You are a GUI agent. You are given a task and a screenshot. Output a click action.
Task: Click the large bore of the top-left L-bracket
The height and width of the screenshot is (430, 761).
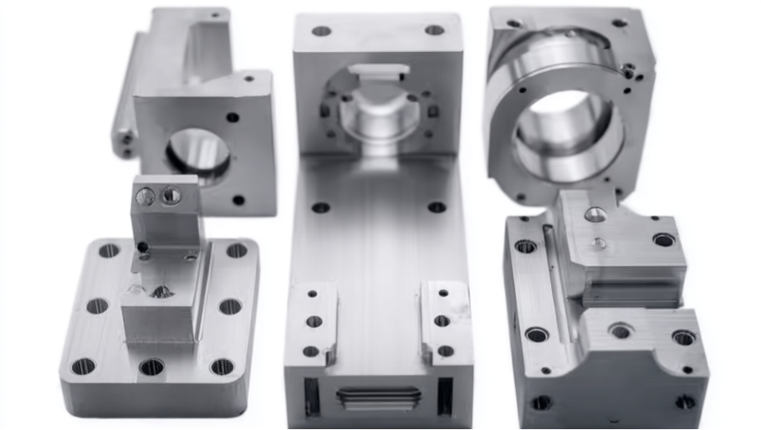198,154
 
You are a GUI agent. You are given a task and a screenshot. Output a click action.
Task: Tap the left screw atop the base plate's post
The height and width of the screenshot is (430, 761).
146,197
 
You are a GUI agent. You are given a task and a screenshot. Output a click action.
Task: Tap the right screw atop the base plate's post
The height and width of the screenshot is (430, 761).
171,196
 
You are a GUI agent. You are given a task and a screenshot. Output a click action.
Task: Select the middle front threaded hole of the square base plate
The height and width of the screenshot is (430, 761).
151,366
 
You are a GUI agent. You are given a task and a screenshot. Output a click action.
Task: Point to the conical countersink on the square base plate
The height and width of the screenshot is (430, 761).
161,292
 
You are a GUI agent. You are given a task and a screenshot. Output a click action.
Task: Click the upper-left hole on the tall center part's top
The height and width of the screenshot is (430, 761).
321,31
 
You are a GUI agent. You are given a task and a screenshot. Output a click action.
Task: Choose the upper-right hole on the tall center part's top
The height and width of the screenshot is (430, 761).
434,30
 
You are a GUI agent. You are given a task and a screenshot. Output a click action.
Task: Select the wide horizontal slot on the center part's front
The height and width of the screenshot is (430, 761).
378,397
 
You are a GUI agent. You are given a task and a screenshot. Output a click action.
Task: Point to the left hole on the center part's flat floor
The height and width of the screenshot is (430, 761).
320,207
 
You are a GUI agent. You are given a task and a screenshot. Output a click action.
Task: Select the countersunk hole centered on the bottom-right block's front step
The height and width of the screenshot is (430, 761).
621,331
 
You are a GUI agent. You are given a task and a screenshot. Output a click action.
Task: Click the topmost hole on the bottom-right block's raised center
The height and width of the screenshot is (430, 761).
595,215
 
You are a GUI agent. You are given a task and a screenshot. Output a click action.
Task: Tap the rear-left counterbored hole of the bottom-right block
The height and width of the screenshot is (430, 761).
526,246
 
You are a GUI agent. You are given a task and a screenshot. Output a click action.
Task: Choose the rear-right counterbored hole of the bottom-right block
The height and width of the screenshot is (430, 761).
664,240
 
